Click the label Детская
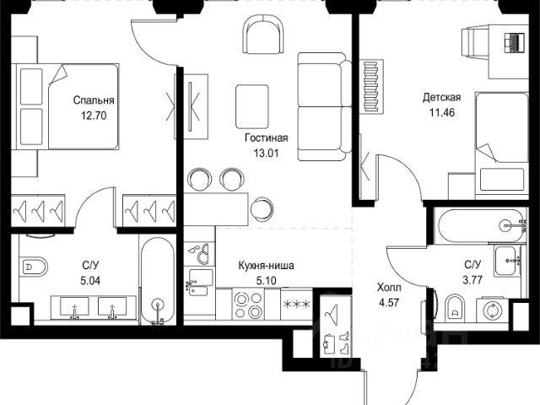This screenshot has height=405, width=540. click(441, 97)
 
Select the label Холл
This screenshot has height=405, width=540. click(389, 287)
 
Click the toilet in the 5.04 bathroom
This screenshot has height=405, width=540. click(33, 267)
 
